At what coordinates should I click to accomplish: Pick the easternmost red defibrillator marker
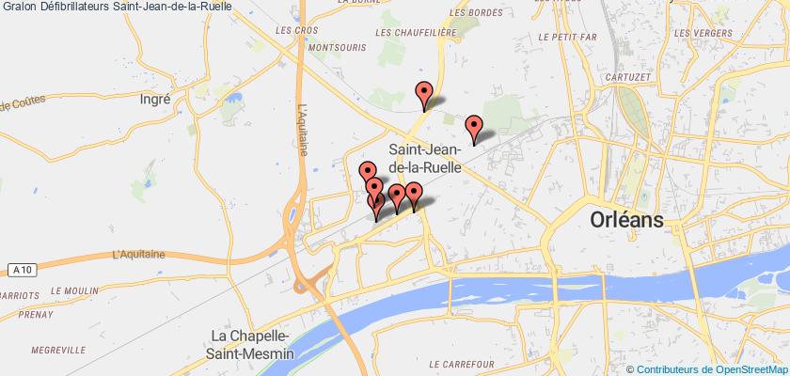point(474,126)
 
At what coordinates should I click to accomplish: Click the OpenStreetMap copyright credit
point(706,368)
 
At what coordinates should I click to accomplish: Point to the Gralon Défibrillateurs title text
point(118,8)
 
